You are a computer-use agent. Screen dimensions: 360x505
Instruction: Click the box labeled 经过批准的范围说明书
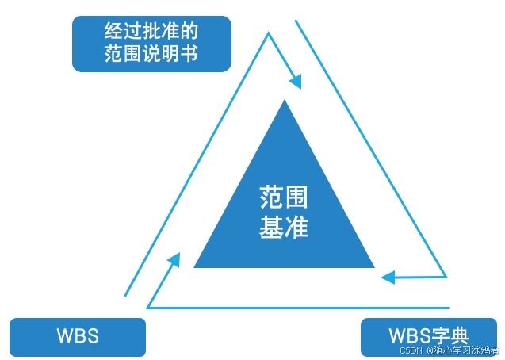pos(151,43)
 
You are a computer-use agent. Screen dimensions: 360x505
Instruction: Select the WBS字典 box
pos(429,337)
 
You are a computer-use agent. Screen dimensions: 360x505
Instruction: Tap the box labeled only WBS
pos(77,335)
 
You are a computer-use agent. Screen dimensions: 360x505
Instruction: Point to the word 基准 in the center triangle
pos(284,228)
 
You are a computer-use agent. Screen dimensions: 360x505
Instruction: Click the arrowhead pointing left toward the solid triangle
pos(388,278)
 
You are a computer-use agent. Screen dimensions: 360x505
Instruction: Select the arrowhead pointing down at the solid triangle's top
pos(296,82)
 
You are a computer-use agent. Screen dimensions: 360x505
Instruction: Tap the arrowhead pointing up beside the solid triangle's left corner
pos(174,261)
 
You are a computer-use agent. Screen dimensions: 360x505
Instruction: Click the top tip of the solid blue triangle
pos(285,101)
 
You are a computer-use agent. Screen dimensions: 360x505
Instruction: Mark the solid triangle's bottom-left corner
pos(196,266)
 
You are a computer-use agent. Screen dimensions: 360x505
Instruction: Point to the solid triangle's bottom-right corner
pos(373,266)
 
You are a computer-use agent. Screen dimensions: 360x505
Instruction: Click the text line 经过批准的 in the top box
pos(151,31)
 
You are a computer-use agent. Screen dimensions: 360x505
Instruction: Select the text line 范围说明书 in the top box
pos(151,55)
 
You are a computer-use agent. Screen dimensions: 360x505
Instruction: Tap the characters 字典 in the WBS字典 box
pos(451,334)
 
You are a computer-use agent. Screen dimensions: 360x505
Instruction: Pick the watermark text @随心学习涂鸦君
pos(463,350)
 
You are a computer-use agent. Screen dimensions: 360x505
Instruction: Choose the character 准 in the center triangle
pos(296,228)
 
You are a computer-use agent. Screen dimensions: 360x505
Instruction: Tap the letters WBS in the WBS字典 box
pos(411,334)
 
